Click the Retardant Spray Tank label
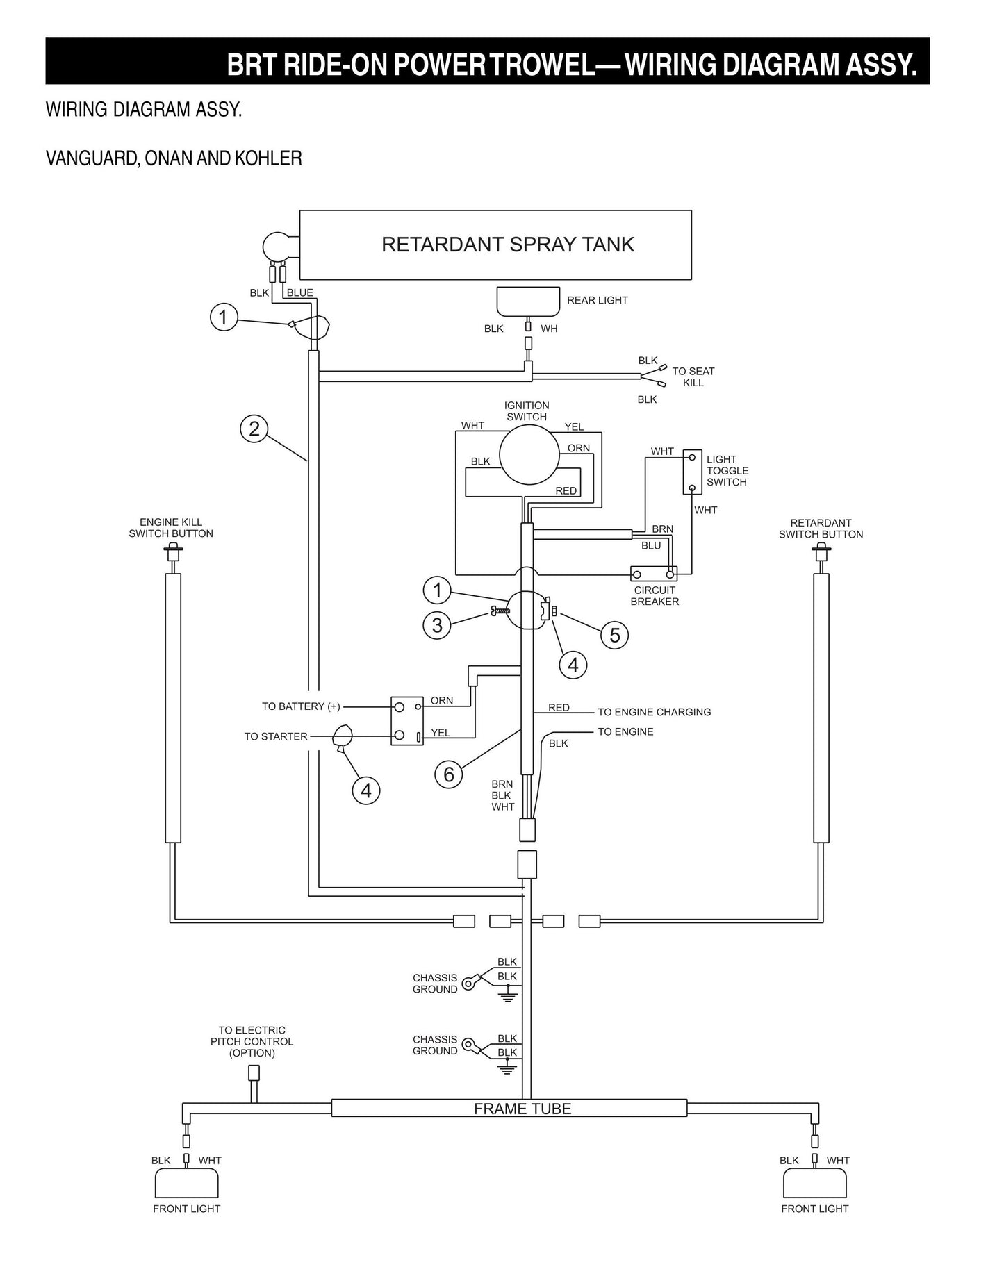(508, 245)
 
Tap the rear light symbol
(528, 301)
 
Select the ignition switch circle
(529, 454)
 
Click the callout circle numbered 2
(254, 429)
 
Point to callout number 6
(449, 774)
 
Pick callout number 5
(614, 635)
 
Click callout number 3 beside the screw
(437, 625)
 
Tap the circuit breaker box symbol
(654, 574)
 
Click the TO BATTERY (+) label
(301, 706)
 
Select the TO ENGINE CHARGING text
(654, 712)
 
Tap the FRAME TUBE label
(522, 1109)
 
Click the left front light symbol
(186, 1182)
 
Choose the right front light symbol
(814, 1182)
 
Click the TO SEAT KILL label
(693, 377)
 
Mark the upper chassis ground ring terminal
(469, 983)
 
